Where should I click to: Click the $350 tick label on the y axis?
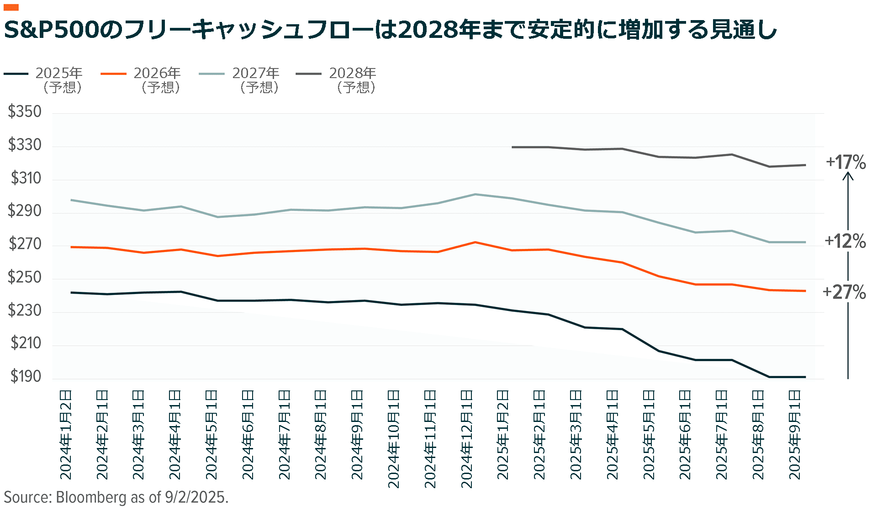pos(25,112)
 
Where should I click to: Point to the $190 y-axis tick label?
pos(26,376)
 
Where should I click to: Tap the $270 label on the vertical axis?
pos(25,244)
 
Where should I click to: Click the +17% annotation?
pos(845,162)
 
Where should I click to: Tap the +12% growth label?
pos(845,241)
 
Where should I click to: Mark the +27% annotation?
pos(844,292)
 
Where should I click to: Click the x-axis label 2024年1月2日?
pos(66,434)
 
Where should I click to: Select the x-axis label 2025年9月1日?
pos(795,434)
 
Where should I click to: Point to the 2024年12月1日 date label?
pos(466,438)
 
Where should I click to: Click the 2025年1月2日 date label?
pos(503,434)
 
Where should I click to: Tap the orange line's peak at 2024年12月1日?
pos(475,242)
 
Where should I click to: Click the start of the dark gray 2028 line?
pos(512,147)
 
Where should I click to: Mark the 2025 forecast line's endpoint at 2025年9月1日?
pos(805,377)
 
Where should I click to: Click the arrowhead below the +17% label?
pos(848,176)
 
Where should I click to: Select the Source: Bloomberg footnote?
pos(116,497)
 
